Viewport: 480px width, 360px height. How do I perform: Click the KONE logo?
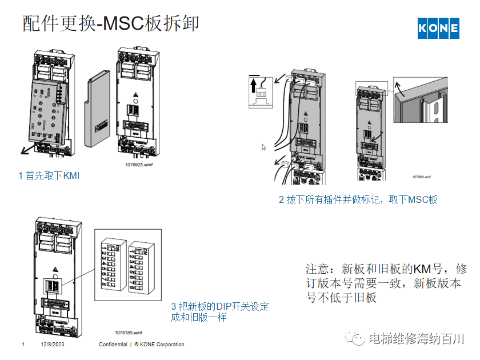click(438, 28)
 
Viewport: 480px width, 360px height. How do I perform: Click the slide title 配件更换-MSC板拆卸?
click(111, 23)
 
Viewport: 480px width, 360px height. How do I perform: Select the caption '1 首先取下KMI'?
click(49, 176)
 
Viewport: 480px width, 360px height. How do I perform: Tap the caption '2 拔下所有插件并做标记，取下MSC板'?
click(358, 199)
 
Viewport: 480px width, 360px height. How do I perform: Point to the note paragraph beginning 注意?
click(386, 283)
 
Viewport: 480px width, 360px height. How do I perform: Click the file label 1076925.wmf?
click(139, 163)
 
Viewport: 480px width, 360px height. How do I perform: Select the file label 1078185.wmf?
click(129, 333)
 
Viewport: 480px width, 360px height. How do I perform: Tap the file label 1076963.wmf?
click(421, 178)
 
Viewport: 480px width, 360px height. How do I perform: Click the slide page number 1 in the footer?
click(23, 345)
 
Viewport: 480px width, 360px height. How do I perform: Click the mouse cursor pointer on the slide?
click(264, 147)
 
